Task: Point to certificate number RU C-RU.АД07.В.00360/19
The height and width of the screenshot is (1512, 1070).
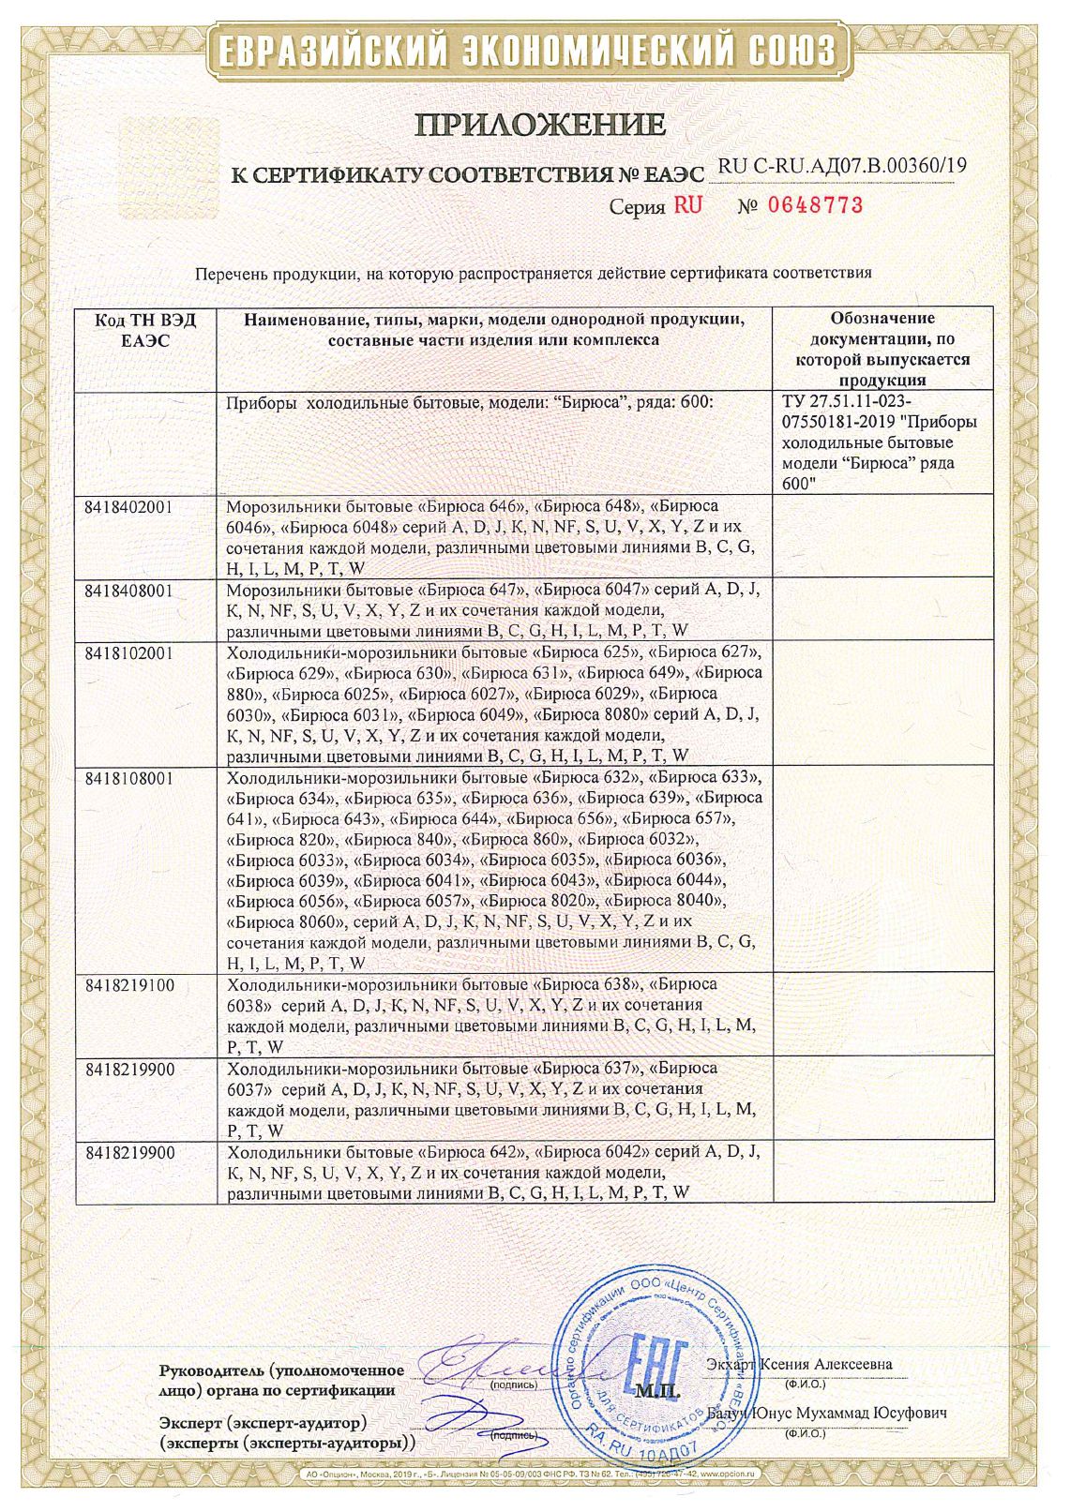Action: [841, 166]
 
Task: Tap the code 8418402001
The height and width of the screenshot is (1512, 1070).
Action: [128, 506]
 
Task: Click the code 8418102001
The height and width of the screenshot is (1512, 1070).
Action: [128, 652]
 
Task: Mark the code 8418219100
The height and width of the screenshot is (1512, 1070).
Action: [129, 985]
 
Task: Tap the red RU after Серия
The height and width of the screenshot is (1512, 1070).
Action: [687, 205]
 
